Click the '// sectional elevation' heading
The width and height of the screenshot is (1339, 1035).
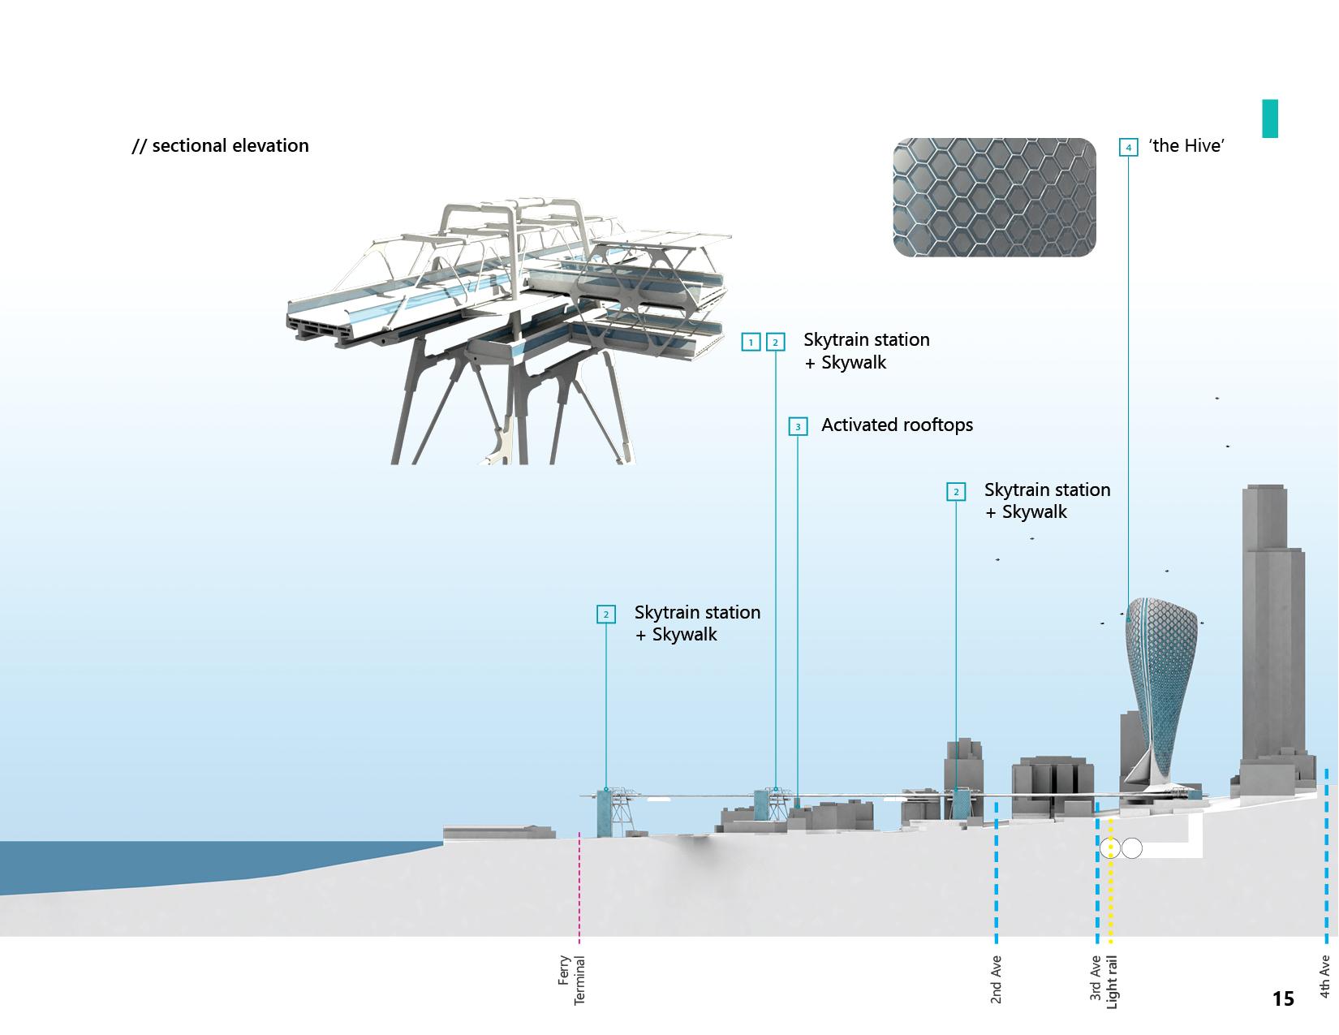click(221, 146)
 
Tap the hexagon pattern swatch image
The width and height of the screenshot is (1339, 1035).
click(994, 197)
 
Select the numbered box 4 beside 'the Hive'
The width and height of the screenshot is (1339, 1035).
click(1128, 148)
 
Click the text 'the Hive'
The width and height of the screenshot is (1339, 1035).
click(1186, 146)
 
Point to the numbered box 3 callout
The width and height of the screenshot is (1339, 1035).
click(798, 427)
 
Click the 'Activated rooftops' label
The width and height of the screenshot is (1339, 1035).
click(897, 425)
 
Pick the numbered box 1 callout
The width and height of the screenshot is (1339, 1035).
click(751, 343)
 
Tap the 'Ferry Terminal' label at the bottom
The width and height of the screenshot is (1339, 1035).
click(572, 980)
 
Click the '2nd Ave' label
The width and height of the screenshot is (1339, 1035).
click(997, 980)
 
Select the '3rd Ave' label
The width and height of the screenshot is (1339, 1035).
click(1096, 978)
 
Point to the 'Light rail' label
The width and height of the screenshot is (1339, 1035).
click(1112, 982)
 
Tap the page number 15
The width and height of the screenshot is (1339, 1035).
click(1283, 998)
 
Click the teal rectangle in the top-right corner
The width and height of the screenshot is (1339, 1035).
click(1269, 119)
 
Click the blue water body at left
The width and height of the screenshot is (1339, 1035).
click(162, 862)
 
